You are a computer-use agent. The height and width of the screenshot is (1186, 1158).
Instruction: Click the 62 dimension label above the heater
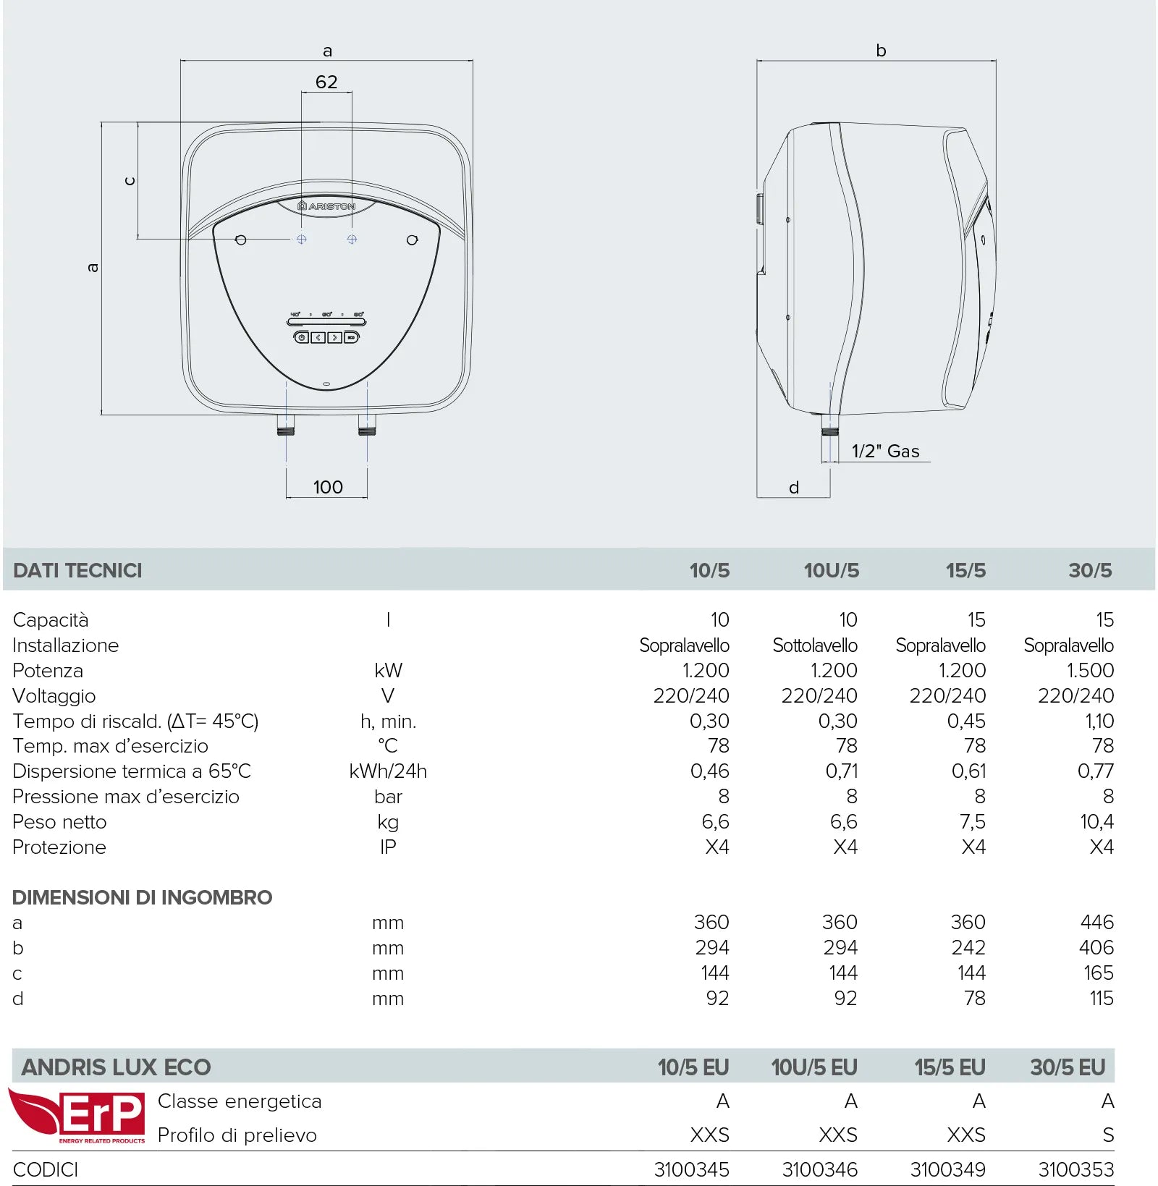coord(326,82)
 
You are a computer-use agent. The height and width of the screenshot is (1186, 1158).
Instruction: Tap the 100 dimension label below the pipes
coord(328,487)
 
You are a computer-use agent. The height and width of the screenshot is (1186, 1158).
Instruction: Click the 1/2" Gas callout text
coord(885,451)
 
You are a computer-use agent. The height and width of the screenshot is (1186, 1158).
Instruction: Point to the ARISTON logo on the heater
coord(326,206)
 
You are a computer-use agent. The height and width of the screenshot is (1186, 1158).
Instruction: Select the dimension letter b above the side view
coord(881,50)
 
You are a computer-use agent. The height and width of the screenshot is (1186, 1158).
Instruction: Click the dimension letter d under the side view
coord(794,488)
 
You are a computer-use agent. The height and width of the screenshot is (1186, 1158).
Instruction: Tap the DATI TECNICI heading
coord(77,570)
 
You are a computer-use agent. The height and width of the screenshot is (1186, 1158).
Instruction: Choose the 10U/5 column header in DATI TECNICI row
coord(832,570)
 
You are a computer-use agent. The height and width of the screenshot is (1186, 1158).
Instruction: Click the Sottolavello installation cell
coord(815,645)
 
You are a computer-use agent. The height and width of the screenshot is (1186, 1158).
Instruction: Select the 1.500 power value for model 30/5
coord(1090,670)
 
